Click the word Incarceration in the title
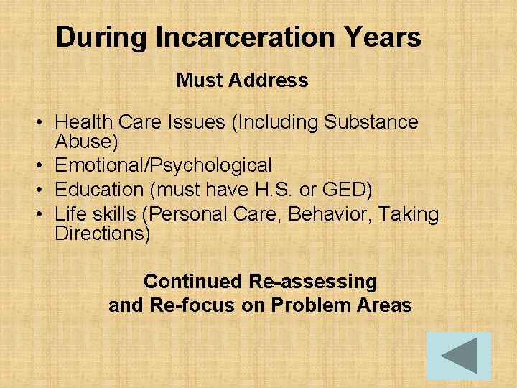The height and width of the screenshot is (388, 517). point(242,37)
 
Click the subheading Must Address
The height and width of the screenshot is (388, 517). point(242,80)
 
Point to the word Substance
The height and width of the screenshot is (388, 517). point(371,122)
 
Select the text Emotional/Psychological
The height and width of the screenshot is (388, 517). point(163,165)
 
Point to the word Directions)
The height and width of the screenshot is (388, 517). point(103,233)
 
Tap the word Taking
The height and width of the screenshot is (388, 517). point(408,214)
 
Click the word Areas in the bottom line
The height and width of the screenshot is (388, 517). point(384,305)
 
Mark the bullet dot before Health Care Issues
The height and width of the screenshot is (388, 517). point(44,123)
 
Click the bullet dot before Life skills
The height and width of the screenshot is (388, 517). point(44,215)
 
